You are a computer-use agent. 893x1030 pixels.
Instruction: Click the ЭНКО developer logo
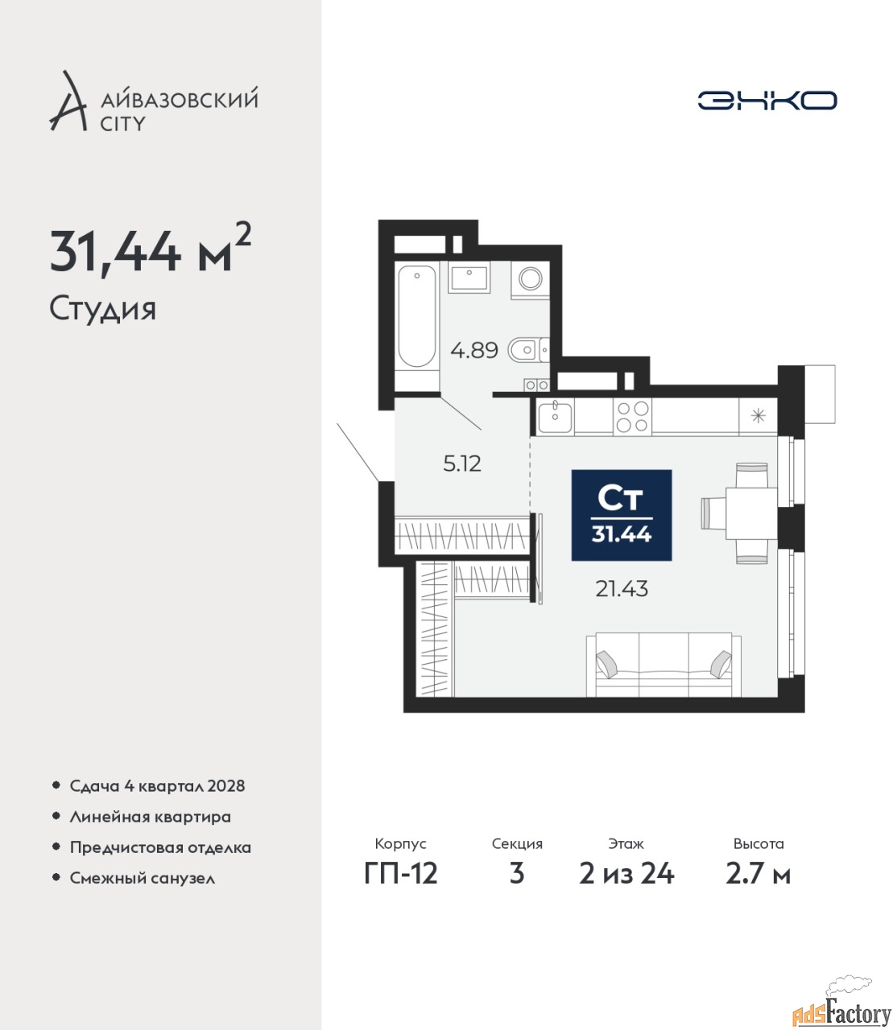click(767, 100)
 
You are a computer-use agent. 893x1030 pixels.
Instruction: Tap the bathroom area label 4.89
click(474, 350)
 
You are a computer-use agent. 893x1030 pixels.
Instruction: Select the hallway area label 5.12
click(462, 464)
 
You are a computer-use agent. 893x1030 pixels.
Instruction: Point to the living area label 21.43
click(622, 589)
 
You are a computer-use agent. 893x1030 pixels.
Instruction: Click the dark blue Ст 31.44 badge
click(622, 515)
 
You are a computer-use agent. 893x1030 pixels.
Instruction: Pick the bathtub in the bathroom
click(417, 317)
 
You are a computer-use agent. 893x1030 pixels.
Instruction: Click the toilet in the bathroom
click(528, 350)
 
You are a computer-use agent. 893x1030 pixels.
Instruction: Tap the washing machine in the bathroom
click(530, 279)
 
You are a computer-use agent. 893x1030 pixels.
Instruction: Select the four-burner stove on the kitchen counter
click(632, 416)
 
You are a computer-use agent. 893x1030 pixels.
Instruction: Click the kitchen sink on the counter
click(555, 417)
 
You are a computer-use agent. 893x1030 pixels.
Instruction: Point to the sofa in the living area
click(664, 665)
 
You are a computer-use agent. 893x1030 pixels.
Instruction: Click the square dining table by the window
click(751, 513)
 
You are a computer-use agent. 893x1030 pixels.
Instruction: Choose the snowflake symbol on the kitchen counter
click(758, 415)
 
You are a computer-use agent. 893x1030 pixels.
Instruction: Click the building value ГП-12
click(401, 874)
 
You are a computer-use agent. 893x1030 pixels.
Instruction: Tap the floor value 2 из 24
click(626, 874)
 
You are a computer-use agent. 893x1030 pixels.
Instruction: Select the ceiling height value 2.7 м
click(758, 874)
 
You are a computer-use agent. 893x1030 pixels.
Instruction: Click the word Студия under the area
click(103, 310)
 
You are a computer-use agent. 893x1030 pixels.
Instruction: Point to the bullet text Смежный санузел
click(142, 878)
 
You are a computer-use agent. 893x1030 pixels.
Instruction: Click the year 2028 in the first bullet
click(226, 786)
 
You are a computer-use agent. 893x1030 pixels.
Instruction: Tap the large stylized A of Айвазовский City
click(68, 102)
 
